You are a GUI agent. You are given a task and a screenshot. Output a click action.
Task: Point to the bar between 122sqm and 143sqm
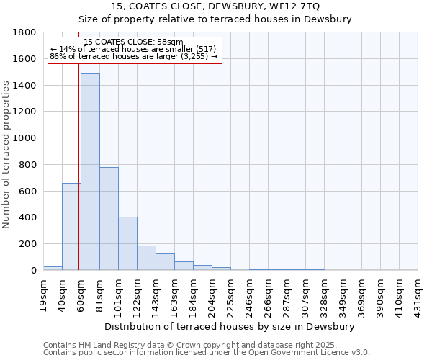tap(146, 258)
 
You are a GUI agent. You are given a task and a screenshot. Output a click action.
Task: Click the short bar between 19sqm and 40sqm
tap(53, 268)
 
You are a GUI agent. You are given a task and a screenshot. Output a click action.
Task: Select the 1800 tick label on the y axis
tap(25, 32)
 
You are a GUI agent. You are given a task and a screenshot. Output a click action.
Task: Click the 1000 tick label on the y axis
tap(25, 138)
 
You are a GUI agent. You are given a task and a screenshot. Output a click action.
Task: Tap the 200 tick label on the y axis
tap(28, 244)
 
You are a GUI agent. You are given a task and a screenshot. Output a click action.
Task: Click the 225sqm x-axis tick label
tap(231, 294)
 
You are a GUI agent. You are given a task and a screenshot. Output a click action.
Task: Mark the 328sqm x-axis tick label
tap(325, 294)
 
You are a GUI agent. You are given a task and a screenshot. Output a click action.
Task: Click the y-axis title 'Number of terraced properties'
tap(6, 155)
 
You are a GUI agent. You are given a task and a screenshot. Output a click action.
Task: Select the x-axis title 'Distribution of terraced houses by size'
tap(230, 326)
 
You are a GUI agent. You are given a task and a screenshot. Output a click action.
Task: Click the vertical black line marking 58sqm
tap(78, 180)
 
